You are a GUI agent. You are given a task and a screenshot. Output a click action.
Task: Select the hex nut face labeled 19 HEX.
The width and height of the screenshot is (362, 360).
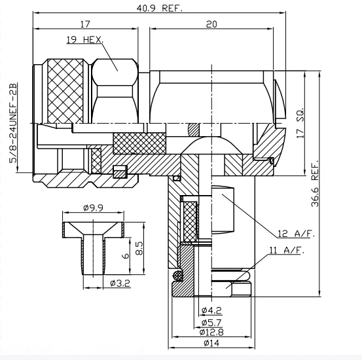coord(115,65)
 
